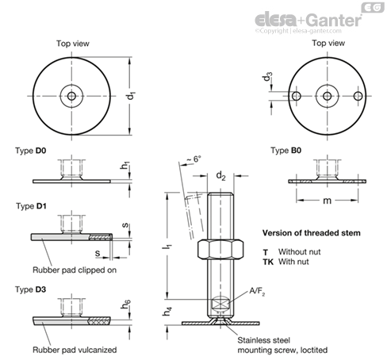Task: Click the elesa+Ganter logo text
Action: click(x=308, y=20)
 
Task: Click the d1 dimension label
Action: click(x=132, y=95)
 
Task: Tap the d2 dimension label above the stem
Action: click(x=220, y=176)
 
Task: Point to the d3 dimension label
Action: click(x=267, y=77)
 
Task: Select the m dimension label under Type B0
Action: click(x=327, y=201)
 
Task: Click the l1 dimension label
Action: click(x=167, y=247)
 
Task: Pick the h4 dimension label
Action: click(x=167, y=311)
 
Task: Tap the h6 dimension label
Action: click(x=125, y=304)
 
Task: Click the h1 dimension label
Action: click(x=125, y=166)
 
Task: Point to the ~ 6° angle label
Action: click(x=193, y=159)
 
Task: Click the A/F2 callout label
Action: click(x=257, y=291)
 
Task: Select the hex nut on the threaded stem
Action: click(x=220, y=249)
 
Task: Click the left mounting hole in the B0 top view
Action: click(x=296, y=96)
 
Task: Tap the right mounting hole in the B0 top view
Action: click(x=358, y=96)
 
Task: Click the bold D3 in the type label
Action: click(x=40, y=289)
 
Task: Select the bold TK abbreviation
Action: click(x=268, y=262)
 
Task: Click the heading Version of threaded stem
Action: click(x=312, y=233)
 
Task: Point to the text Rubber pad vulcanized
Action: click(x=75, y=350)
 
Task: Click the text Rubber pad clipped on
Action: click(x=75, y=270)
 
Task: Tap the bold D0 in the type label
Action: click(x=40, y=151)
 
